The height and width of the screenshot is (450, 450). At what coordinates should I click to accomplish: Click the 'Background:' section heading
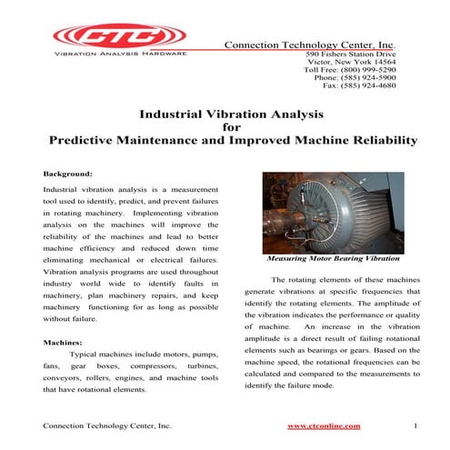point(68,173)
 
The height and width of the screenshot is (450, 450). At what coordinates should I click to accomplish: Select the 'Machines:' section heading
point(65,343)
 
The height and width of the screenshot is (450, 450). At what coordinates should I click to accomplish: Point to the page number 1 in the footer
point(415,425)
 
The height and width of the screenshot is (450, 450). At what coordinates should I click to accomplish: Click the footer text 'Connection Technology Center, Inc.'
point(107,425)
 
